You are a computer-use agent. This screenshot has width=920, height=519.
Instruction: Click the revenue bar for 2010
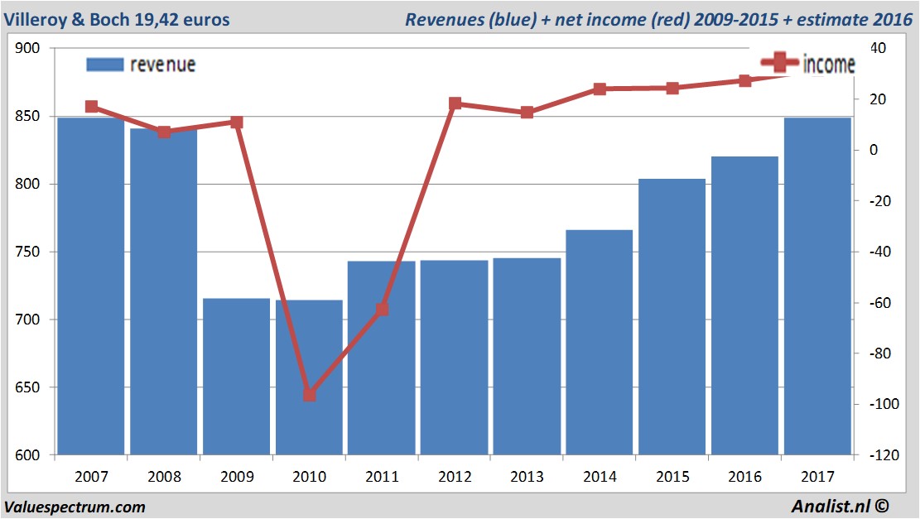click(x=309, y=377)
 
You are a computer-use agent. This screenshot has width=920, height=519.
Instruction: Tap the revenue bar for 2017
click(x=817, y=286)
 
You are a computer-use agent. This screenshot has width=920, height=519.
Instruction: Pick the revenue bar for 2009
click(x=237, y=377)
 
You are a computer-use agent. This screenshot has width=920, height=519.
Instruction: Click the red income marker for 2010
click(x=309, y=395)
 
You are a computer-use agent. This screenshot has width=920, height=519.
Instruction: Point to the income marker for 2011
click(x=382, y=310)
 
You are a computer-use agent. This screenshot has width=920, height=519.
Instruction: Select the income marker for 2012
click(x=455, y=103)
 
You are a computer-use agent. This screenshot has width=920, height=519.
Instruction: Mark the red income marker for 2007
click(x=91, y=107)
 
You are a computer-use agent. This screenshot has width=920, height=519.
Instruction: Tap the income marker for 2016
click(x=745, y=80)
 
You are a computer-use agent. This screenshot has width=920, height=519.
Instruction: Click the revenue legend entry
click(x=141, y=65)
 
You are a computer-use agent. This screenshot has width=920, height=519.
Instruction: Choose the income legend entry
click(x=807, y=63)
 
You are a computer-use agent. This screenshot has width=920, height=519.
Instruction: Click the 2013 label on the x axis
click(x=527, y=477)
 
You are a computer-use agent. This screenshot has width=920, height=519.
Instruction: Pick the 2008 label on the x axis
click(x=164, y=477)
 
